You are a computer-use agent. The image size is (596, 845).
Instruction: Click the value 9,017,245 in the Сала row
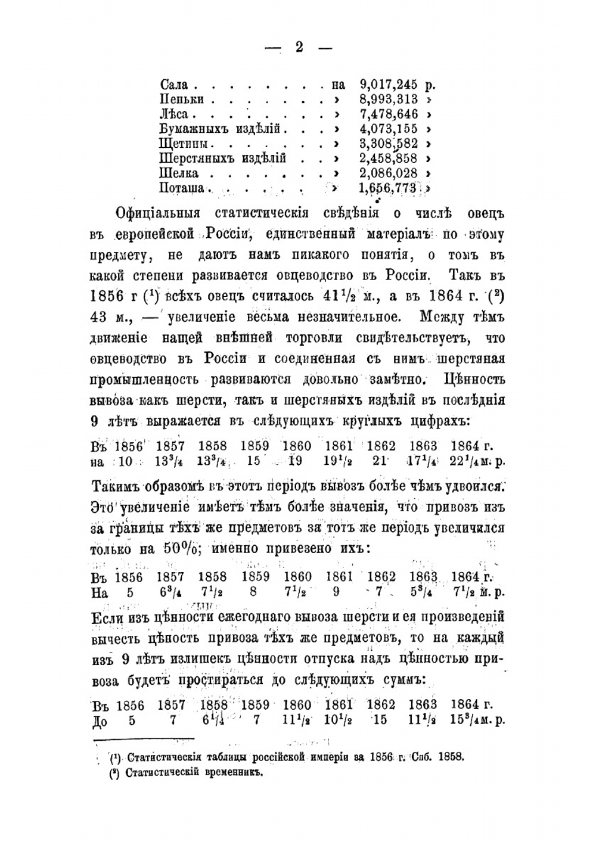pos(389,85)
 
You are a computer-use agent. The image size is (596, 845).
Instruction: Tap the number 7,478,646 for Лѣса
pos(389,114)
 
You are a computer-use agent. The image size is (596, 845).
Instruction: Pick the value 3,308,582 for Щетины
pos(389,144)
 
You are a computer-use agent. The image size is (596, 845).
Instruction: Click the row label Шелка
pos(179,173)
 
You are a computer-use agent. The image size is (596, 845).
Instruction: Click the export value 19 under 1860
pos(296,462)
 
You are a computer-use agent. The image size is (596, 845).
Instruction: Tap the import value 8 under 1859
pos(254,593)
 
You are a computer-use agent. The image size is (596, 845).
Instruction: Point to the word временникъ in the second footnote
pos(232,773)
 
